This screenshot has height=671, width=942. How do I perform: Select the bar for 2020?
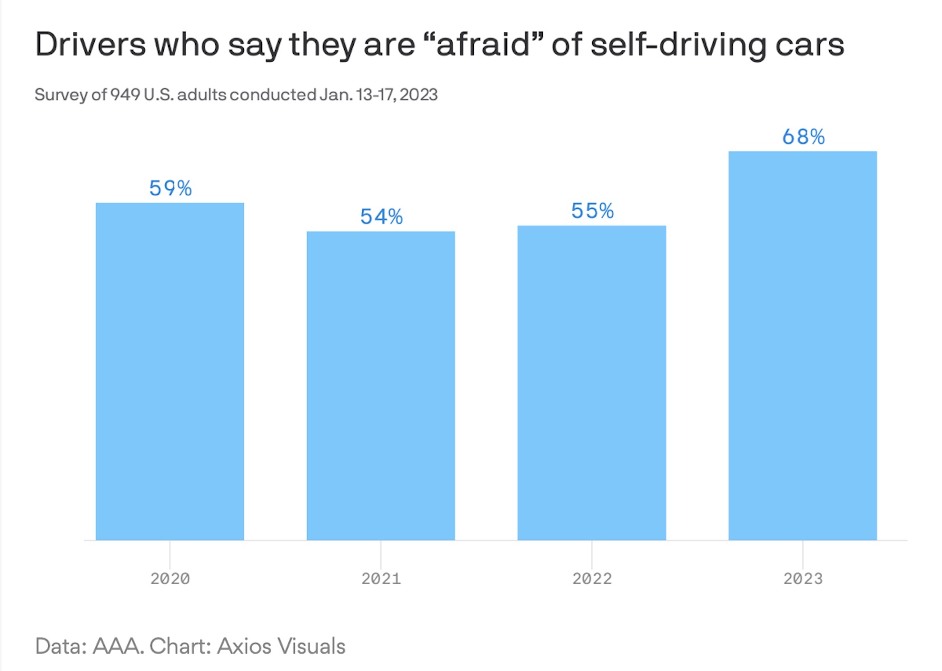(x=170, y=371)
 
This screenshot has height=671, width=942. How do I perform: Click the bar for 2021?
(x=381, y=385)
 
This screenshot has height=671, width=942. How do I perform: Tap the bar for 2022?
(x=592, y=383)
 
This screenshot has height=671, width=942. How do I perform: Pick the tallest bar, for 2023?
(x=802, y=346)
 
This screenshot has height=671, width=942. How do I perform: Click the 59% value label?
(x=170, y=188)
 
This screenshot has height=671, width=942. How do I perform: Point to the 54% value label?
(x=381, y=217)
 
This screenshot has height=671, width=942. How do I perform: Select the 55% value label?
(x=592, y=211)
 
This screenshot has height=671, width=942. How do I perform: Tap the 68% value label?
(x=803, y=137)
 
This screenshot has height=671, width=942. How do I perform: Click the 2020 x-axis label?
(x=170, y=579)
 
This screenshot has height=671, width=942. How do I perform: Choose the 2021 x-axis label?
(x=381, y=579)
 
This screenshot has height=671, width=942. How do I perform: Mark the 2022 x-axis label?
(x=592, y=579)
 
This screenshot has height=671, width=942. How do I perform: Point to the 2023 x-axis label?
(x=802, y=579)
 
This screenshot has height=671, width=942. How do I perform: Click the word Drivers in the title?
(x=90, y=44)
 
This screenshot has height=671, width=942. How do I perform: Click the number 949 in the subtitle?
(x=125, y=95)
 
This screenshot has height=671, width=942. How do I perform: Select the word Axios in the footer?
(x=244, y=646)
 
